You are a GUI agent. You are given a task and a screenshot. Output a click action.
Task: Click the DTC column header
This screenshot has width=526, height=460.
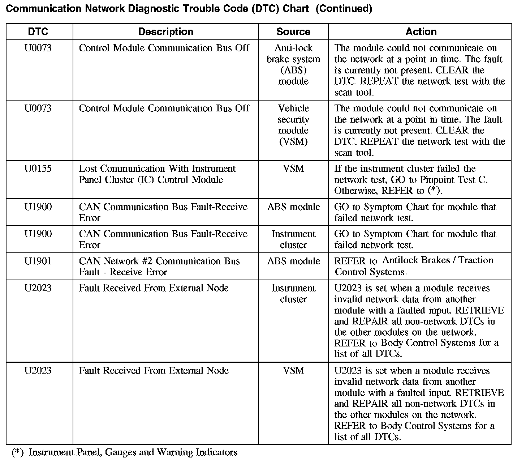pyautogui.click(x=38, y=32)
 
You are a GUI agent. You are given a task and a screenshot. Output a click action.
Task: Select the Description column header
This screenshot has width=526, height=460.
pyautogui.click(x=165, y=32)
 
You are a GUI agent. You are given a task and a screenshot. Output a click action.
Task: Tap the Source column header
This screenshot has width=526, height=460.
pyautogui.click(x=293, y=32)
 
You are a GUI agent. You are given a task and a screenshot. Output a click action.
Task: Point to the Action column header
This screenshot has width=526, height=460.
pyautogui.click(x=421, y=32)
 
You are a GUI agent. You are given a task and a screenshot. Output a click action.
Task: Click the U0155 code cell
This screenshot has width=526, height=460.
pyautogui.click(x=38, y=169)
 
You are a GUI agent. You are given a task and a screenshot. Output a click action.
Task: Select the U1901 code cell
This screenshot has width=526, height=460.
pyautogui.click(x=38, y=261)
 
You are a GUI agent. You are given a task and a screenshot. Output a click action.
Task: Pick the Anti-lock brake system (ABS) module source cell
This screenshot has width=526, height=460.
pyautogui.click(x=293, y=64)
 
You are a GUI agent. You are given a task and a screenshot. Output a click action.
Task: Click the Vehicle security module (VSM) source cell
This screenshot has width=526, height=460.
pyautogui.click(x=293, y=125)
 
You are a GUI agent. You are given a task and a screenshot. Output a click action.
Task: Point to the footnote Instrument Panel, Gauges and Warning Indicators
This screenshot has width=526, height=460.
pyautogui.click(x=133, y=452)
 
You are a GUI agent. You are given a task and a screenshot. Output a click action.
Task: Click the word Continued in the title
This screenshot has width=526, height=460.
pyautogui.click(x=344, y=9)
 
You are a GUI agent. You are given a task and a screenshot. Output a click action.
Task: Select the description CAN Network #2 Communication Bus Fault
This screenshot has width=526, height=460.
pyautogui.click(x=159, y=267)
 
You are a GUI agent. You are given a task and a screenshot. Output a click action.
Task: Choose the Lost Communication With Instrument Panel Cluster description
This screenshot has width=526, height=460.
pyautogui.click(x=157, y=174)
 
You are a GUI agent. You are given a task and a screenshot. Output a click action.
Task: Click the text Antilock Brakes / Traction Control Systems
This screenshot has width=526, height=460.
pyautogui.click(x=414, y=266)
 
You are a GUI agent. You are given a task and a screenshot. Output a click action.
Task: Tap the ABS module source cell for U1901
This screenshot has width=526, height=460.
pyautogui.click(x=293, y=261)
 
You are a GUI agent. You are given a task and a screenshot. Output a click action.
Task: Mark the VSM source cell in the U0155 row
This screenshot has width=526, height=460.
pyautogui.click(x=293, y=169)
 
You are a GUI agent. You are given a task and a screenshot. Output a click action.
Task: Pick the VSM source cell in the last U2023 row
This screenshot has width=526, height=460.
pyautogui.click(x=293, y=371)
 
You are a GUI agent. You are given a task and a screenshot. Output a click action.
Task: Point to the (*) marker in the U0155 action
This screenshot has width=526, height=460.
pyautogui.click(x=434, y=191)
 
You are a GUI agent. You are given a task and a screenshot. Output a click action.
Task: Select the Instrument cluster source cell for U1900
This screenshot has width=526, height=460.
pyautogui.click(x=293, y=239)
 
